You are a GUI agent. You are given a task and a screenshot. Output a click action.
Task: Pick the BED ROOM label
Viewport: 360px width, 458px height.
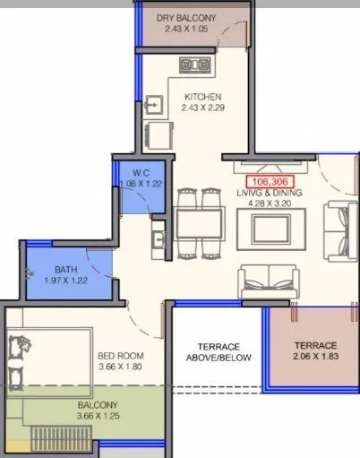click(x=121, y=355)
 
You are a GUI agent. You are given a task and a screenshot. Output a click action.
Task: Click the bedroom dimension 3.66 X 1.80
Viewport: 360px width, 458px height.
click(x=121, y=367)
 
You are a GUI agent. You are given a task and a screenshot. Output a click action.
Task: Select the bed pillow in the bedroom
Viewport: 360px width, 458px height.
click(x=20, y=343)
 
